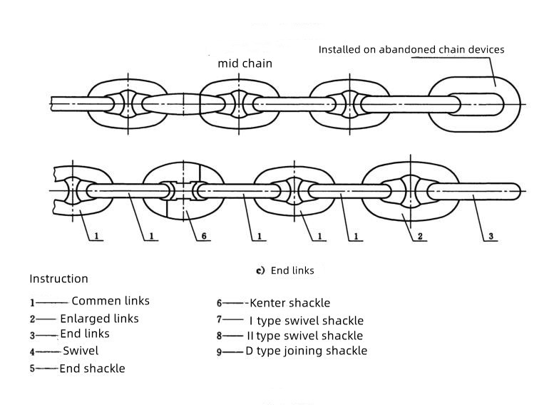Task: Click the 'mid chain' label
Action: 245,63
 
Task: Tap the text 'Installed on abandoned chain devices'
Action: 411,50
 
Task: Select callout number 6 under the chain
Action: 205,235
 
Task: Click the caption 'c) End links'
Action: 285,271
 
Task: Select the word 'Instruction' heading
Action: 58,279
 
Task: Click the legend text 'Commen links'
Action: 111,301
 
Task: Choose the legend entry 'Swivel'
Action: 81,351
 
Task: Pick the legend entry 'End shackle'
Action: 92,369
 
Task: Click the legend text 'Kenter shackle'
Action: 289,303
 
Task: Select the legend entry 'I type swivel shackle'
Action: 306,321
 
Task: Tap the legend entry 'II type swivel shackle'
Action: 304,336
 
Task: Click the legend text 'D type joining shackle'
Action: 306,351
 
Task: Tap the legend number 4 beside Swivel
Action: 32,352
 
